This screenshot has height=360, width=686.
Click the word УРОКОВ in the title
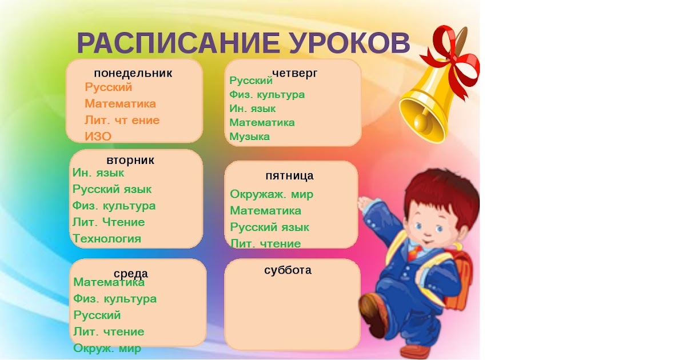349,43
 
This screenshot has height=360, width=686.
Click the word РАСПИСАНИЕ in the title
178,43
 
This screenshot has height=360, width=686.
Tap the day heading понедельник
133,74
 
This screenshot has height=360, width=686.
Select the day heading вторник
130,160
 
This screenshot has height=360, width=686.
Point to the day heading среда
131,273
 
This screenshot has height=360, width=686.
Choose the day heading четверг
294,74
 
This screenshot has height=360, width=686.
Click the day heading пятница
289,176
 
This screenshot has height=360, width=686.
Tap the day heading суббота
288,270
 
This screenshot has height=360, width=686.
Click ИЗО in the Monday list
98,137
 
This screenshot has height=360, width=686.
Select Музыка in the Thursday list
250,137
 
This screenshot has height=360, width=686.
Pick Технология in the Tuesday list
107,238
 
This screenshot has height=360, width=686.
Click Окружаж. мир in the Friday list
272,194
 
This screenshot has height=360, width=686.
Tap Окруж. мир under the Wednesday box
107,348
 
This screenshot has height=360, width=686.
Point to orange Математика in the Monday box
121,104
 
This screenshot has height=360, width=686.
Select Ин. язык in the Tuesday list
98,173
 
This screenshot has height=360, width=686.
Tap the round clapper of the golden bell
422,122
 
